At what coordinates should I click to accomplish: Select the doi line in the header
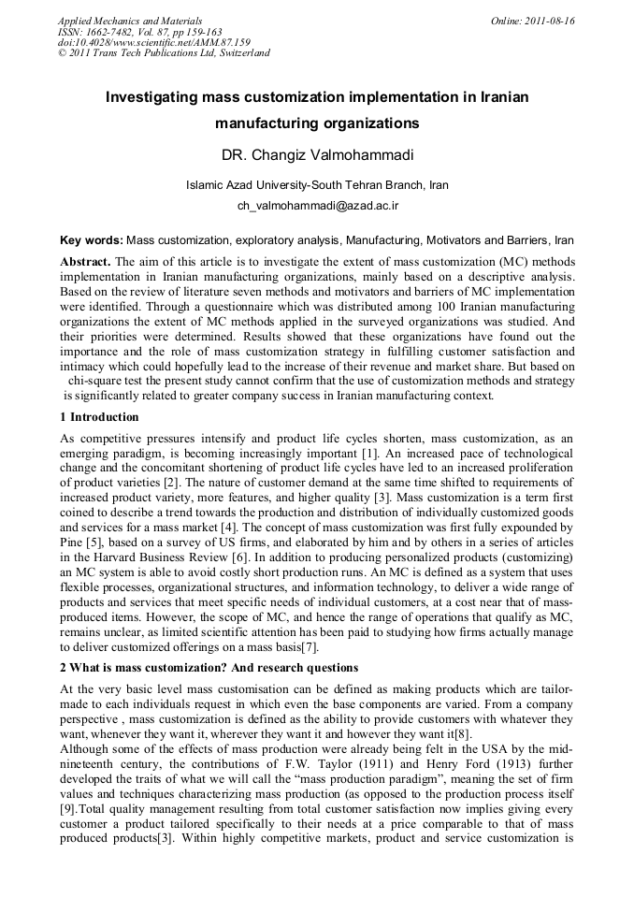tap(153, 42)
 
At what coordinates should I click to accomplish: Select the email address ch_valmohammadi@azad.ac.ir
tap(317, 204)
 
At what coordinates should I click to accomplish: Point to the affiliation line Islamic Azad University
tap(317, 185)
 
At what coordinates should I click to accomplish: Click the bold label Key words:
tap(91, 240)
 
